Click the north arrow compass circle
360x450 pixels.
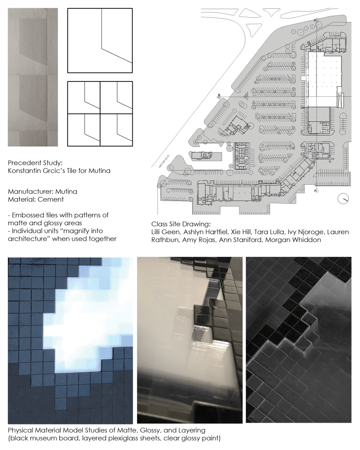click(343, 198)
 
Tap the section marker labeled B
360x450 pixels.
click(219, 96)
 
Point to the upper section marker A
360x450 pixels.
click(316, 20)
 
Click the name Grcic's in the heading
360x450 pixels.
click(65, 171)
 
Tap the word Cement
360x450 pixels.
click(51, 199)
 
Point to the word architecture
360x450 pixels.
click(29, 239)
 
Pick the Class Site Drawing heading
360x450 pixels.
click(181, 224)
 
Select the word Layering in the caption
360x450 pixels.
click(193, 430)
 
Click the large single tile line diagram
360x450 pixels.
click(100, 40)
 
